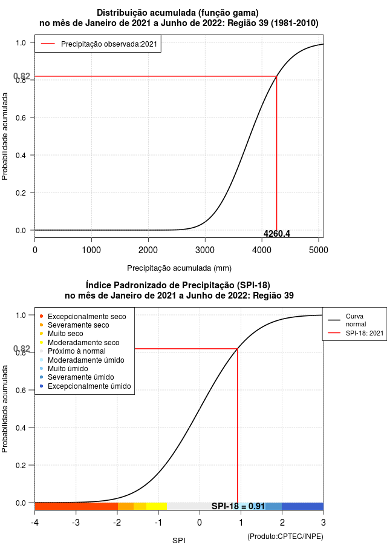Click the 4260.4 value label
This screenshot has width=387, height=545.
click(x=276, y=234)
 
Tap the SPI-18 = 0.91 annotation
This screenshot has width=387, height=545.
click(x=238, y=506)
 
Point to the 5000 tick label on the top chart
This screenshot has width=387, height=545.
click(x=319, y=250)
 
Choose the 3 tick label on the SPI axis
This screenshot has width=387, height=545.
click(x=324, y=523)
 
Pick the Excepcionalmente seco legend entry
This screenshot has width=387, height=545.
click(x=83, y=317)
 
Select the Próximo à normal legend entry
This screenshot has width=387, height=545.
click(x=73, y=351)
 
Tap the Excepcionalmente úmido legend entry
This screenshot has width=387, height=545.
click(x=86, y=386)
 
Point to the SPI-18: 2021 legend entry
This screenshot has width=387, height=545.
click(x=356, y=333)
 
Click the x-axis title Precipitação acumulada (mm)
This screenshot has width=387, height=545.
click(x=179, y=268)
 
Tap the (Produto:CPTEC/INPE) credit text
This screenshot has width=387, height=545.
click(x=285, y=537)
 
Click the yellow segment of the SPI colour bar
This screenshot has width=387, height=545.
click(x=157, y=506)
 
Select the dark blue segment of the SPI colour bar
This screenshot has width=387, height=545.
click(x=302, y=506)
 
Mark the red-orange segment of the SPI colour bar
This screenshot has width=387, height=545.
click(x=76, y=506)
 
